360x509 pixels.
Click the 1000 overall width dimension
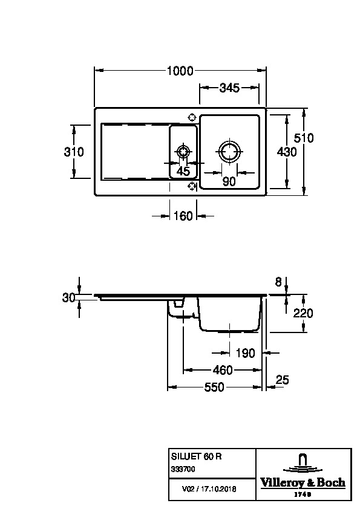(180, 71)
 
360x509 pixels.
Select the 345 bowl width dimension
(229, 88)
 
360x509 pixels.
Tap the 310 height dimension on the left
(74, 152)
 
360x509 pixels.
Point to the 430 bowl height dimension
(287, 152)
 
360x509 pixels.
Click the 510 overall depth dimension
(304, 138)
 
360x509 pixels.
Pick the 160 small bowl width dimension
(183, 216)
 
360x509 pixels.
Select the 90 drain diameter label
(229, 181)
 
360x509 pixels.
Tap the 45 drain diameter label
(183, 171)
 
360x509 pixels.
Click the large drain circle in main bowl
(230, 152)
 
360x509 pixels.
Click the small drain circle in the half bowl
(183, 152)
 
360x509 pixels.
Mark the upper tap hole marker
(192, 117)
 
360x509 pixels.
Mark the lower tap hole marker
(192, 186)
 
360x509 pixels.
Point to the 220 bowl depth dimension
(303, 313)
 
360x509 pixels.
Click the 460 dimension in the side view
(223, 370)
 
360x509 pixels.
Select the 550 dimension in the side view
(214, 387)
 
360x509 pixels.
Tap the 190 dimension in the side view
(245, 353)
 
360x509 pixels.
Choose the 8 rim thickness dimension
(278, 282)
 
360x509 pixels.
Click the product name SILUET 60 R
(196, 456)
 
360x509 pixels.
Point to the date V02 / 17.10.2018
(209, 488)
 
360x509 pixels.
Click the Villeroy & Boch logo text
(303, 483)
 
